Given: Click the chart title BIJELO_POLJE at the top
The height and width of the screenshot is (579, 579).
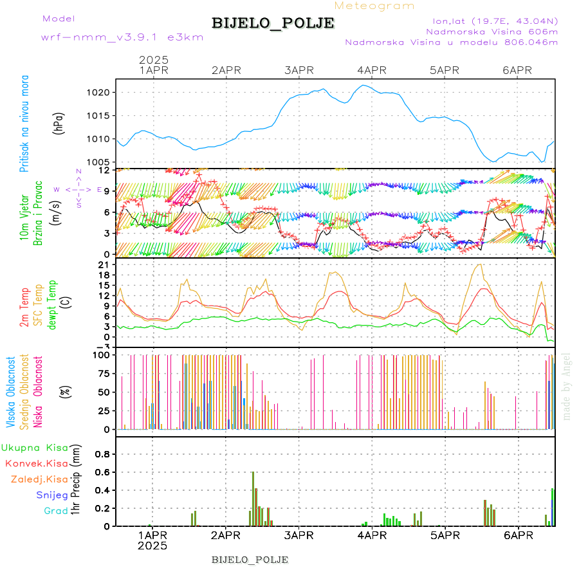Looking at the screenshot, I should pos(273,23).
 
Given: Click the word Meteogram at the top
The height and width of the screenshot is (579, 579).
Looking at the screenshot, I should pos(374,6).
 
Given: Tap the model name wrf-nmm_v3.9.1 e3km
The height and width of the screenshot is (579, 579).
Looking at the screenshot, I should pos(122,37).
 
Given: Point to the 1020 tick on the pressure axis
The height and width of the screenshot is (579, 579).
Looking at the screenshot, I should pos(100,93).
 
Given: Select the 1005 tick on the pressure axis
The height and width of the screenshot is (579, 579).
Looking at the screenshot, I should pos(100,162).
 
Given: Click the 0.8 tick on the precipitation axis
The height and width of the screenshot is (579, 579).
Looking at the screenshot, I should pos(102,454).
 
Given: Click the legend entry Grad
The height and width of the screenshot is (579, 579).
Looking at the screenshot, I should pos(55,511).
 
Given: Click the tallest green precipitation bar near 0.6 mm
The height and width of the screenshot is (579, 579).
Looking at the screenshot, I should pos(253,499).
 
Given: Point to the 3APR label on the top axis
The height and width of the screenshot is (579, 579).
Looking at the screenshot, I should pos(298,69).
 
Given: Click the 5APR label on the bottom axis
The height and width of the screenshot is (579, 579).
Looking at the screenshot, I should pos(443,535).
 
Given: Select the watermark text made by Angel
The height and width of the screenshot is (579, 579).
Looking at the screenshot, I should pos(567,385).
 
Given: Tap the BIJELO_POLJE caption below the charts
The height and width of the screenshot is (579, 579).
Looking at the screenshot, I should pos(250,559).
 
